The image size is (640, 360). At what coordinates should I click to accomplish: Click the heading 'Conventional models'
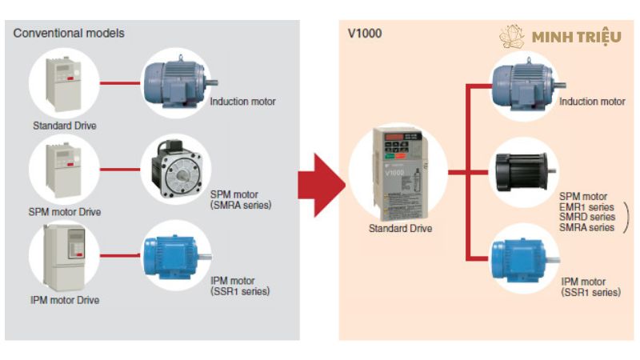click(x=69, y=34)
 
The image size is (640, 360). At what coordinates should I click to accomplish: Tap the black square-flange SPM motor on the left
click(x=178, y=170)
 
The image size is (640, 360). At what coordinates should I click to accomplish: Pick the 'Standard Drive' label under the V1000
click(x=400, y=229)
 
